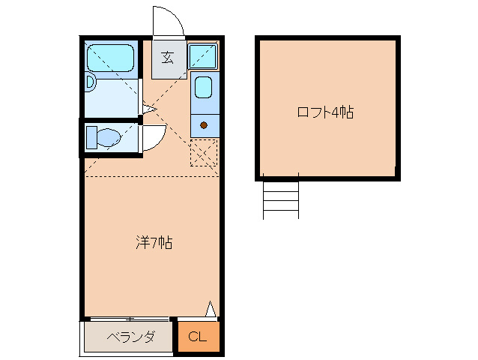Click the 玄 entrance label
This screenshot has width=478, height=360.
168,58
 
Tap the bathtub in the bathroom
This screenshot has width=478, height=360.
109,58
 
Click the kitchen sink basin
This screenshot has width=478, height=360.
204,88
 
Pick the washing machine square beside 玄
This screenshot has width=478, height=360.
202,56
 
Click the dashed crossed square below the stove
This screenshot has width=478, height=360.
203,152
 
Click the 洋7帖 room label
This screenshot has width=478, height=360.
154,242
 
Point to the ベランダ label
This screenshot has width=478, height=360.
130,337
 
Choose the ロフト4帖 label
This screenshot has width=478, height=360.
326,112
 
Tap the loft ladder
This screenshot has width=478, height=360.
280,199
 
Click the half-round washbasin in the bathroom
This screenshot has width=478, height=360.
90,82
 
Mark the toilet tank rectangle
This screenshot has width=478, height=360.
91,137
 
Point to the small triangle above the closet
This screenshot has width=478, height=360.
211,309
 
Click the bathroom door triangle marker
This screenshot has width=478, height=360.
148,109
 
